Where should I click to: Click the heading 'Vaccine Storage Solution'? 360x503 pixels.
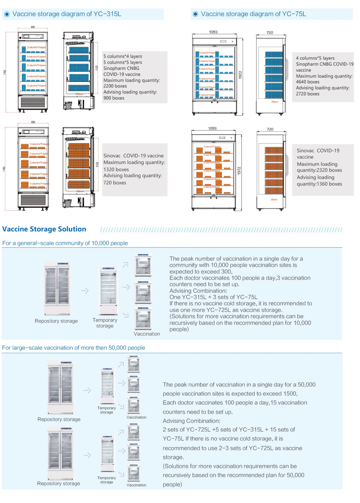click(x=44, y=229)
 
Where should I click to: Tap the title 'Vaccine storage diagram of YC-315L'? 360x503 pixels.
click(x=67, y=14)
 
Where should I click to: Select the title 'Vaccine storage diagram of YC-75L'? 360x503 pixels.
click(x=253, y=14)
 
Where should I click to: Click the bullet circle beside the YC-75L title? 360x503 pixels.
click(x=196, y=14)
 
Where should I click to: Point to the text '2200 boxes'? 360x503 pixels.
click(x=115, y=86)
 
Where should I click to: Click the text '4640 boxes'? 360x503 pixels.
click(x=307, y=82)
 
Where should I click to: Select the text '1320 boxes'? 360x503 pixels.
click(x=116, y=169)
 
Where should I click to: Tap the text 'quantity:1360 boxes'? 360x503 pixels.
click(x=319, y=184)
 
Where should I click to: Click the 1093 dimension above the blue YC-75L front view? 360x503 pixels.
click(x=213, y=32)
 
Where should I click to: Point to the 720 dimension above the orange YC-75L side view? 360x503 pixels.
click(x=270, y=129)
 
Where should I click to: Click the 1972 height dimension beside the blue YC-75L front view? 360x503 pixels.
click(x=240, y=75)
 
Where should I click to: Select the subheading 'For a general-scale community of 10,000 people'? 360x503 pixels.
click(x=65, y=243)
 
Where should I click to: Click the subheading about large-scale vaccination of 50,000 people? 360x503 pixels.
click(x=73, y=348)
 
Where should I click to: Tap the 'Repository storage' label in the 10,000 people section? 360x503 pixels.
click(x=56, y=321)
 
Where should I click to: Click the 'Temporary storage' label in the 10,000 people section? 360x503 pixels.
click(x=105, y=323)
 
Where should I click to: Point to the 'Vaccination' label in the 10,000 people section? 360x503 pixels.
click(x=147, y=334)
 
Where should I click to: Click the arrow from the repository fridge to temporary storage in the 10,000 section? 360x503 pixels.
click(x=85, y=290)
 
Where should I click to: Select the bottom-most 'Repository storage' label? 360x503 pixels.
click(x=58, y=483)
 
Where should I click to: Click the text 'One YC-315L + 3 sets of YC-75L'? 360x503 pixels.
click(x=213, y=297)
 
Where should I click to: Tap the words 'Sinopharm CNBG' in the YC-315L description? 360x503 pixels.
click(x=121, y=68)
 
